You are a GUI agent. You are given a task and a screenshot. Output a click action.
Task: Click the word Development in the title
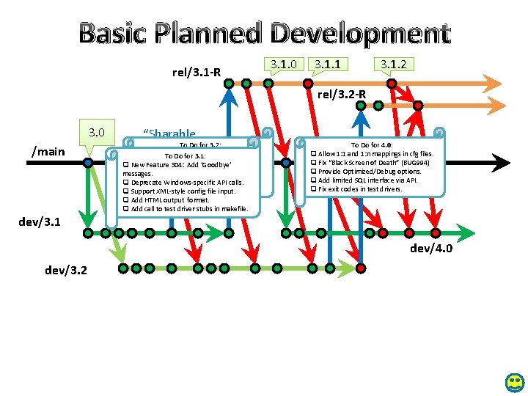coord(359,33)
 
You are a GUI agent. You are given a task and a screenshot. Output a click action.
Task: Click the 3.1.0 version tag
coord(283,65)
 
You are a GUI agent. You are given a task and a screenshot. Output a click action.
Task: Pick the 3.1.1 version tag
coord(327,65)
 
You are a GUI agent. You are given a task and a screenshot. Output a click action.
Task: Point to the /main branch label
coord(48,152)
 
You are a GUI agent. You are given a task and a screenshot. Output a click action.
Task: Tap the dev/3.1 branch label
coord(40,220)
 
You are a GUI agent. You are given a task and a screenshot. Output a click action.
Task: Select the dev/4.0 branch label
coord(431,249)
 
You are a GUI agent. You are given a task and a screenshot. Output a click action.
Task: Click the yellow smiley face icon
coord(516,382)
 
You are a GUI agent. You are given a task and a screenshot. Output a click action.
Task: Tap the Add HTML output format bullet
coord(169,200)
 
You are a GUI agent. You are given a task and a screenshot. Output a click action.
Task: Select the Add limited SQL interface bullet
coord(367,180)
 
